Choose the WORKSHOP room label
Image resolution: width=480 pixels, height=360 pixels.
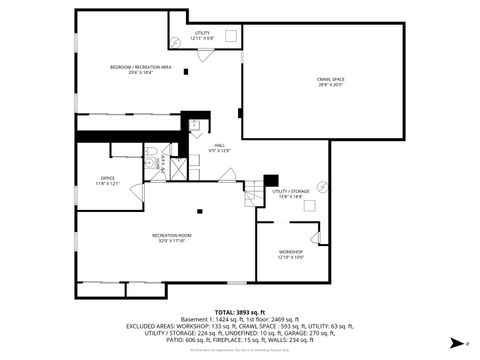[291, 253]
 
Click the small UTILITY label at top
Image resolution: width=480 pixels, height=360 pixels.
[202, 34]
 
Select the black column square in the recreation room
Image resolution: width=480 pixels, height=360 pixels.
[200, 211]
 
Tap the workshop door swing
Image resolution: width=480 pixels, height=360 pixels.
[318, 237]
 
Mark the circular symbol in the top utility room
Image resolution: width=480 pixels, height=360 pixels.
[176, 41]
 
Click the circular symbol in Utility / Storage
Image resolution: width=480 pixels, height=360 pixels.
[322, 186]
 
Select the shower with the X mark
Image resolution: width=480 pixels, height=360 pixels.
[176, 168]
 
